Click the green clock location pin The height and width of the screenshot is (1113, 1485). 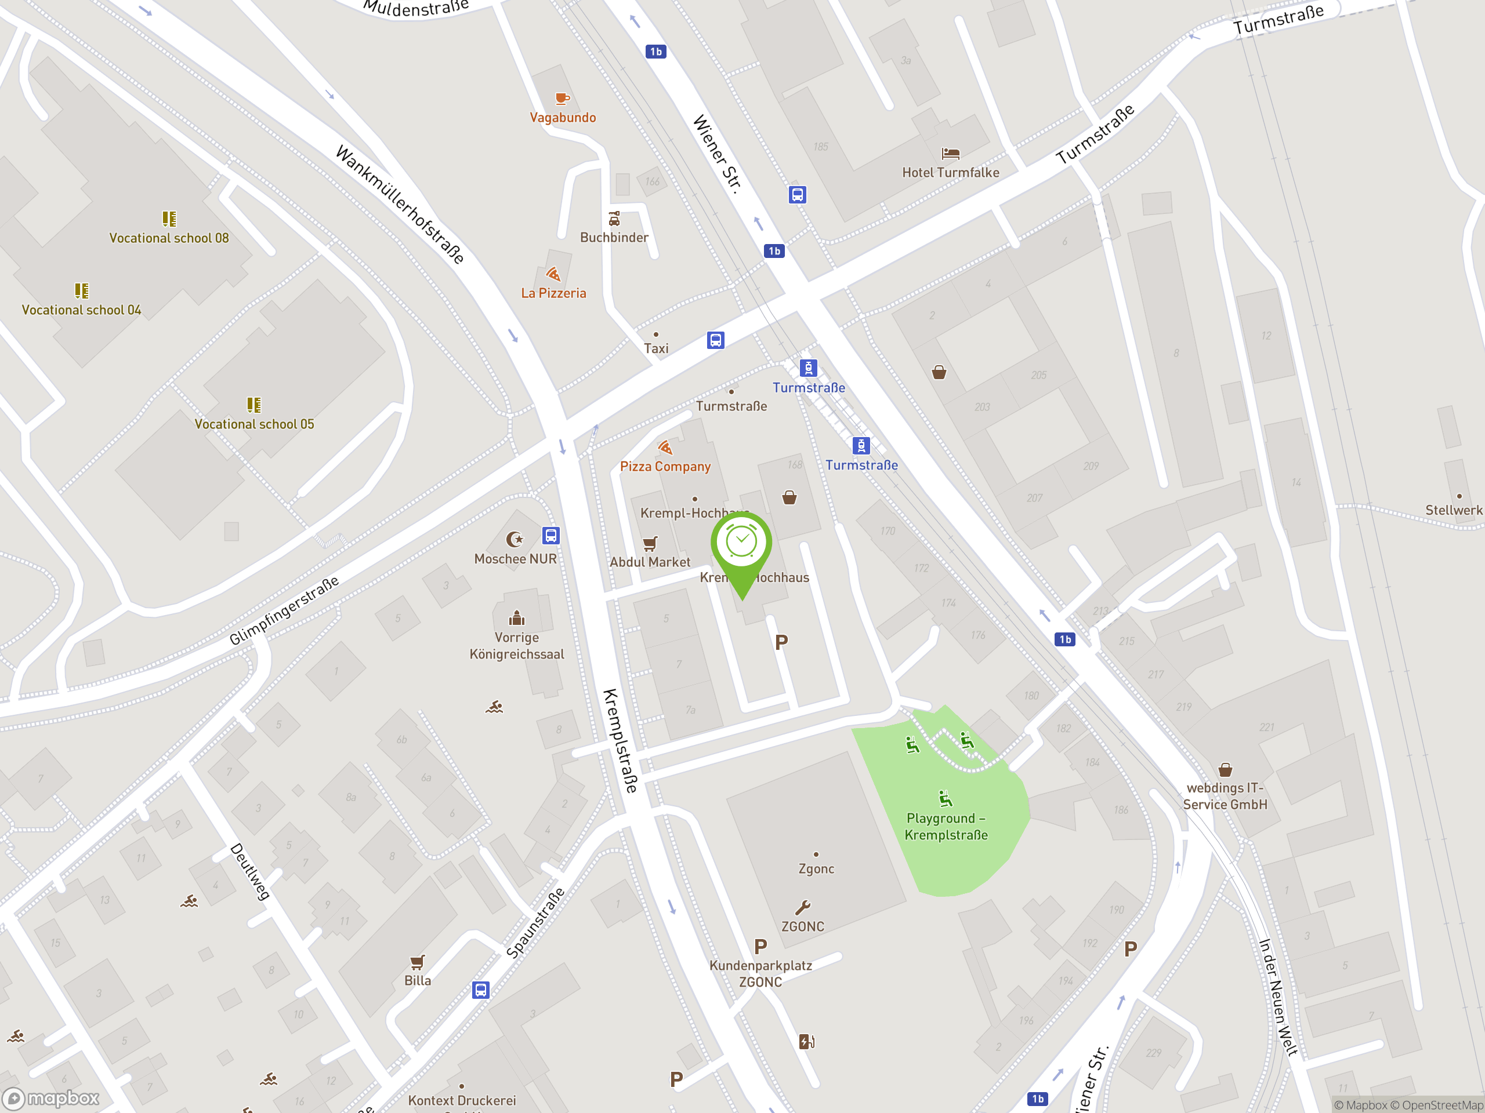741,543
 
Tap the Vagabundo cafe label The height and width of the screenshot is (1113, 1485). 563,118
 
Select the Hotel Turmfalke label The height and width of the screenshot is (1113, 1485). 950,172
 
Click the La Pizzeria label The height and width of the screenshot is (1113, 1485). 553,293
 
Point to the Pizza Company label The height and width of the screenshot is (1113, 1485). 665,466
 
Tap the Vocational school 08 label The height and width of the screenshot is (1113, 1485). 169,238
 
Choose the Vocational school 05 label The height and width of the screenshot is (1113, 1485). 253,424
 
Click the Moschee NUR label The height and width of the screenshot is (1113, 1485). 515,559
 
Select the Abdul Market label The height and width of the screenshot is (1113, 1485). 649,562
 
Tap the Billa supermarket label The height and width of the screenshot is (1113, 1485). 417,980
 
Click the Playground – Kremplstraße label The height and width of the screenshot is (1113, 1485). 946,827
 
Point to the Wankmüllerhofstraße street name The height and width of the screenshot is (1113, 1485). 400,205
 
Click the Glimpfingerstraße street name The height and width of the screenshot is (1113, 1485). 284,610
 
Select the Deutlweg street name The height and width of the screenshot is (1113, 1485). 251,871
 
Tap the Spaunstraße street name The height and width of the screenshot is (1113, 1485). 535,922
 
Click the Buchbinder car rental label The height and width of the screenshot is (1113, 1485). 614,238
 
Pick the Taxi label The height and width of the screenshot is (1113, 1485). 656,348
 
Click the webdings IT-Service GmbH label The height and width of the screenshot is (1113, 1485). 1225,796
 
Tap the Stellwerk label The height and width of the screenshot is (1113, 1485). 1454,510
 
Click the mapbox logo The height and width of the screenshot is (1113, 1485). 52,1099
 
